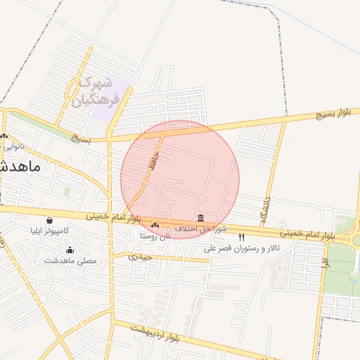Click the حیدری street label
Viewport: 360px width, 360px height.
tap(135, 257)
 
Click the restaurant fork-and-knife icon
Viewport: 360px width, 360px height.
tap(243, 237)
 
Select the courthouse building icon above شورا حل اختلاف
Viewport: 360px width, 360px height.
tap(201, 218)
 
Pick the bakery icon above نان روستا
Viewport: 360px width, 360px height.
tap(155, 225)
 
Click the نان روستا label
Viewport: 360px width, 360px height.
tap(155, 236)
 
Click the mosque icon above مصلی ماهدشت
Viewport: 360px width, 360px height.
tap(70, 250)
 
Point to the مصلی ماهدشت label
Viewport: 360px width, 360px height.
tap(70, 261)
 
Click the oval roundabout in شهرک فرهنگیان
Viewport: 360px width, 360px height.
tap(73, 89)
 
